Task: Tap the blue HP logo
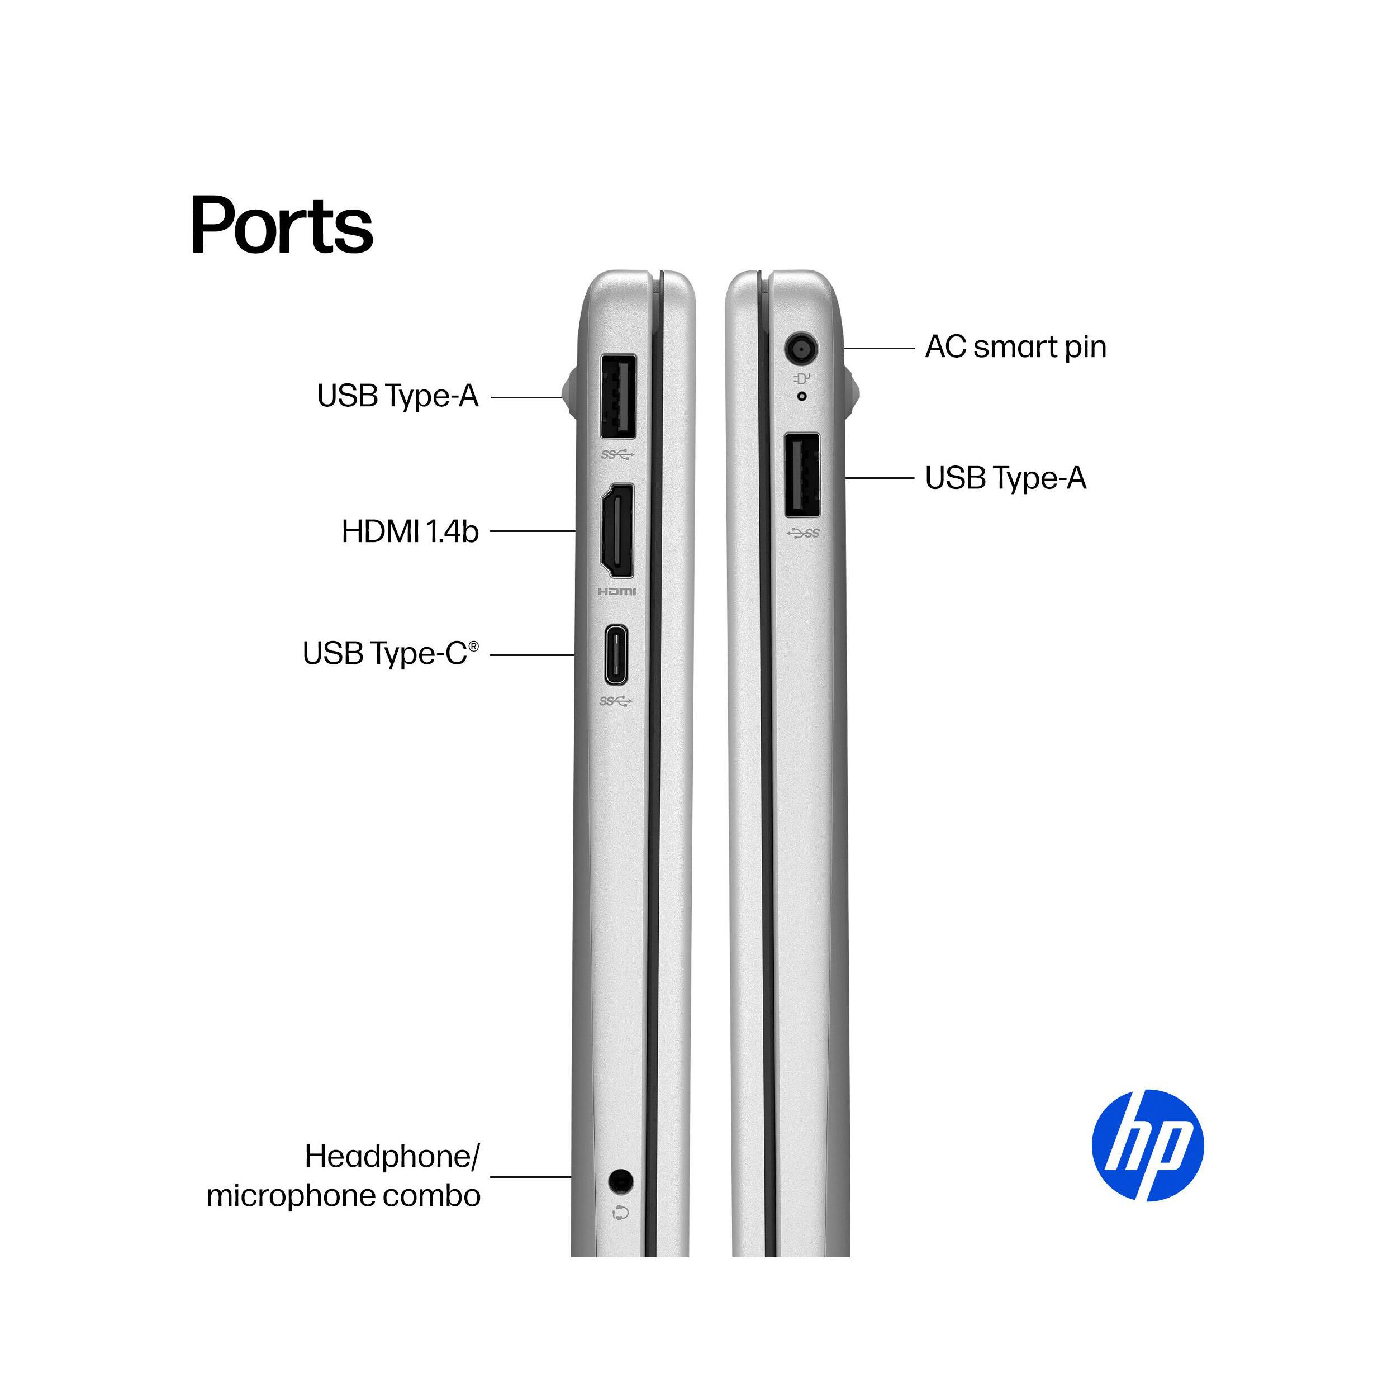[1148, 1146]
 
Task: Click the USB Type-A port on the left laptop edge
[618, 396]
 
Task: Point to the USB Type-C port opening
[616, 654]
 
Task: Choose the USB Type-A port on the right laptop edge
[802, 475]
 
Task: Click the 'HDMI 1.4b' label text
[410, 531]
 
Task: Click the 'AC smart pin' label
[1015, 347]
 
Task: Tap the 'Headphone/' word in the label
[392, 1156]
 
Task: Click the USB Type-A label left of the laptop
[398, 396]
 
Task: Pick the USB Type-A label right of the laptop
[1005, 478]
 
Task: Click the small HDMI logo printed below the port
[617, 591]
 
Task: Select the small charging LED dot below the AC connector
[801, 396]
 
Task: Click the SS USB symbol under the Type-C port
[616, 701]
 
